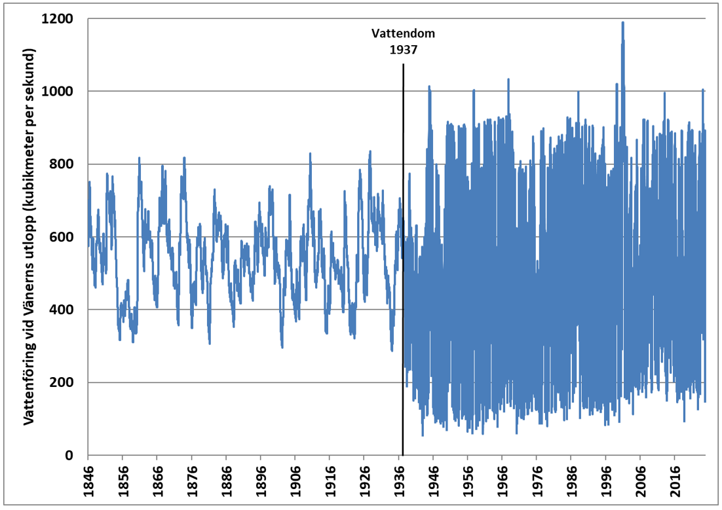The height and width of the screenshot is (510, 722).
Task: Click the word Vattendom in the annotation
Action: [403, 33]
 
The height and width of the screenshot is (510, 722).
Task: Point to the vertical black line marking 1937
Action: [403, 262]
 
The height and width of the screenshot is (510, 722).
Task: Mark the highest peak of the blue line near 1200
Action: [622, 23]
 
